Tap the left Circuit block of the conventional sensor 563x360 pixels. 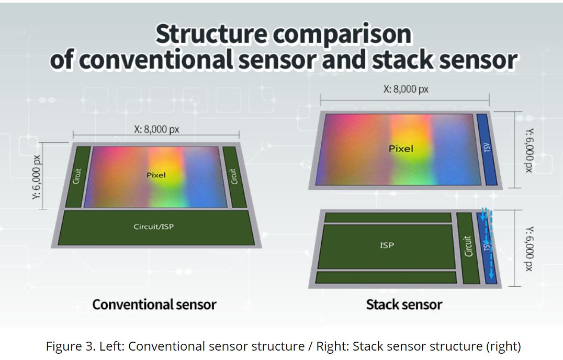coord(77,176)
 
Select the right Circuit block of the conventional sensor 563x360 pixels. coord(234,176)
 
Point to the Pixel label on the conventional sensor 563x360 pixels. coord(156,175)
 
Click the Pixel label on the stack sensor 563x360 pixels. coord(401,149)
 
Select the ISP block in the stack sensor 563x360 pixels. coord(387,245)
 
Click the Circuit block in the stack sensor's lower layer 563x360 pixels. coord(468,246)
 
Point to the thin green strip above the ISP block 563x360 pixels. coord(388,217)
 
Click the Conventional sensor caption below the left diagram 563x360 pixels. coord(154,305)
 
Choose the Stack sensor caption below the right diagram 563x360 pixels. coord(404,305)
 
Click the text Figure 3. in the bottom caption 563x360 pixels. coord(66,346)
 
